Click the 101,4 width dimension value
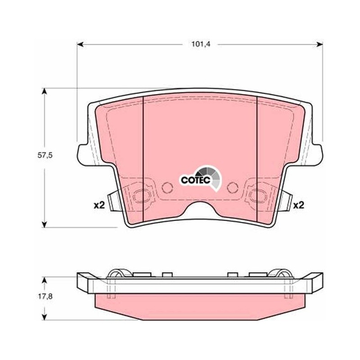[201, 44]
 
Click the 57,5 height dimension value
[45, 155]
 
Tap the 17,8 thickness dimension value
[45, 297]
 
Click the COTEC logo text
[196, 180]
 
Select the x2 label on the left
[99, 205]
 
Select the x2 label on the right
[299, 205]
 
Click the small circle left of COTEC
[167, 188]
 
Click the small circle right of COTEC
[233, 188]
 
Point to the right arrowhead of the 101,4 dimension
[319, 44]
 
